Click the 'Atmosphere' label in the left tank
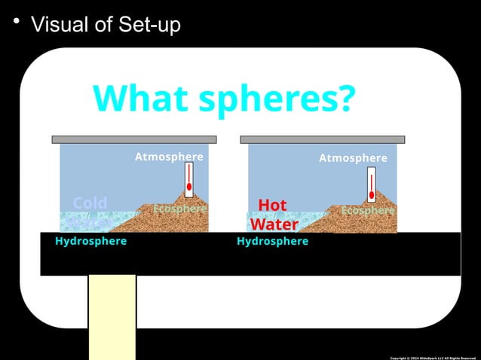tap(169, 157)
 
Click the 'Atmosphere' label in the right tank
tap(353, 158)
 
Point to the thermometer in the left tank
tap(189, 180)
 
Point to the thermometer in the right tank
tap(372, 185)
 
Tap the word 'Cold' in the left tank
tap(90, 203)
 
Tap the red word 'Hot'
tap(272, 205)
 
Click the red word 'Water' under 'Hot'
tap(274, 224)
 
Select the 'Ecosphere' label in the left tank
tap(179, 209)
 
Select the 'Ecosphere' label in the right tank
tap(368, 211)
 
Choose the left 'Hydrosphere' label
tap(90, 242)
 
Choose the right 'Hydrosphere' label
tap(272, 242)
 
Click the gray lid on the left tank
tap(134, 139)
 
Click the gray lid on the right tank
tap(322, 139)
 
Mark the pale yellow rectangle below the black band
tap(112, 316)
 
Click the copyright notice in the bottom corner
tap(433, 357)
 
